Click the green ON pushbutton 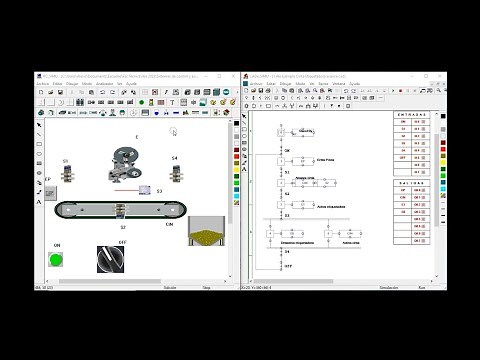point(56,261)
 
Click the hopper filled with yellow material point(207,234)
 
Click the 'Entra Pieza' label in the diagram point(324,159)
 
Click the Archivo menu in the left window point(45,83)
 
